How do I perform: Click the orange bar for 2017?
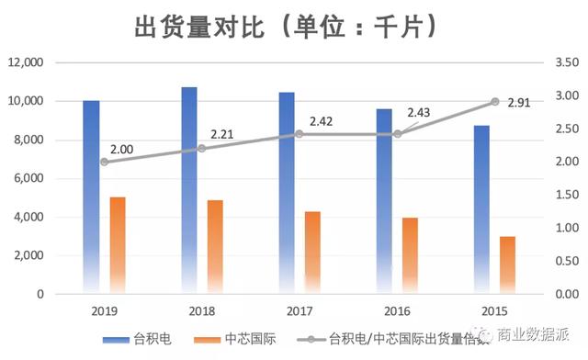coord(313,252)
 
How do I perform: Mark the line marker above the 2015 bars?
coord(495,102)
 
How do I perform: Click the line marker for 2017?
coord(300,134)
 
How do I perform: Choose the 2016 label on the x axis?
coord(397,311)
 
